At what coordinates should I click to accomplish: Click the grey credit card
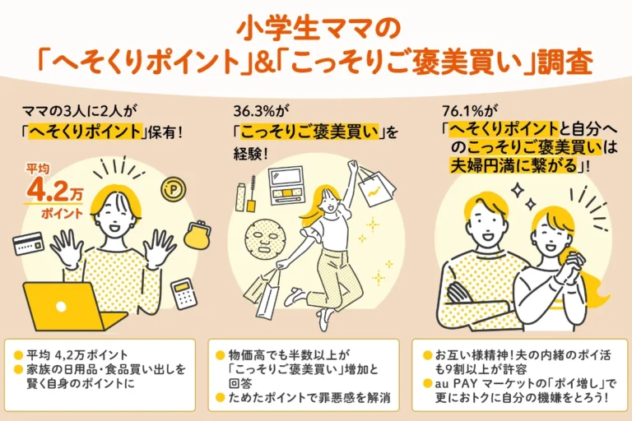tap(28, 243)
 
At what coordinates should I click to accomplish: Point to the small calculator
tap(184, 294)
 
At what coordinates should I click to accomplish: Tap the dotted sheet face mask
tap(265, 240)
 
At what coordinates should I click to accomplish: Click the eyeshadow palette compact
tap(286, 186)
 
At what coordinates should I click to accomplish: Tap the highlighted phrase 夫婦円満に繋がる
tap(514, 165)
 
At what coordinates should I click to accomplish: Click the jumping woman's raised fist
tap(353, 164)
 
